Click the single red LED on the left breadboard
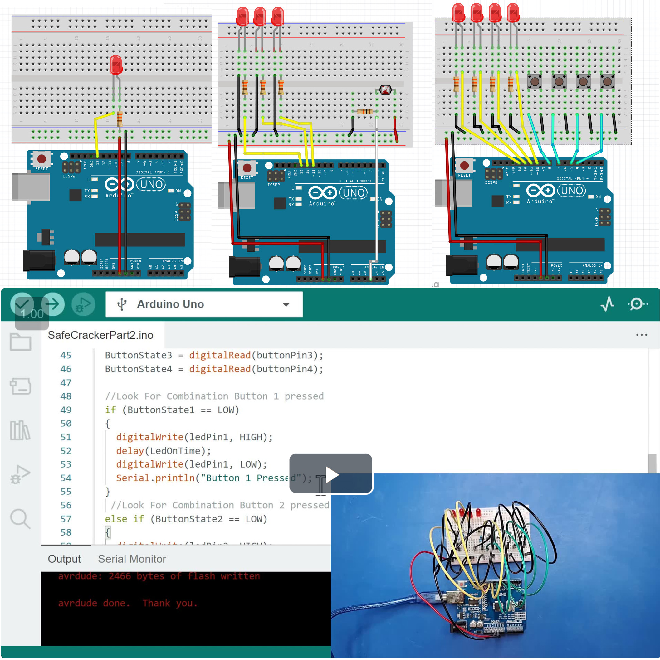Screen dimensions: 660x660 tap(115, 64)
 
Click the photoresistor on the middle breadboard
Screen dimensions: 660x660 tap(385, 90)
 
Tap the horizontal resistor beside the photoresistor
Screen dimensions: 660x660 tap(365, 111)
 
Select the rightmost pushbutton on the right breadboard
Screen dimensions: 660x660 tap(607, 82)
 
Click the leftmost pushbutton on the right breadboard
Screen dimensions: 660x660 tap(535, 82)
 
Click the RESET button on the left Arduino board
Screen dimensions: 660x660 tap(42, 159)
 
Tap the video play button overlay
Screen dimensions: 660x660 tap(331, 474)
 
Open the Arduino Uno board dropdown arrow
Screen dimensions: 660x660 tap(286, 304)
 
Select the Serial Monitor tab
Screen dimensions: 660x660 tap(132, 559)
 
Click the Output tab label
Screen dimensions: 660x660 tap(64, 559)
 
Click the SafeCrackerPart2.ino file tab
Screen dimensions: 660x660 tap(100, 335)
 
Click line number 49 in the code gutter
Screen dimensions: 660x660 tap(66, 410)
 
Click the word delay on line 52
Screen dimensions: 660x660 tap(130, 451)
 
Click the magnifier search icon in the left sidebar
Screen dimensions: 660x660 tap(20, 519)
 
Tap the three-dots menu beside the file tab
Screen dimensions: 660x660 tap(641, 335)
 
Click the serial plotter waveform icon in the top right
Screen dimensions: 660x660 tap(607, 304)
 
